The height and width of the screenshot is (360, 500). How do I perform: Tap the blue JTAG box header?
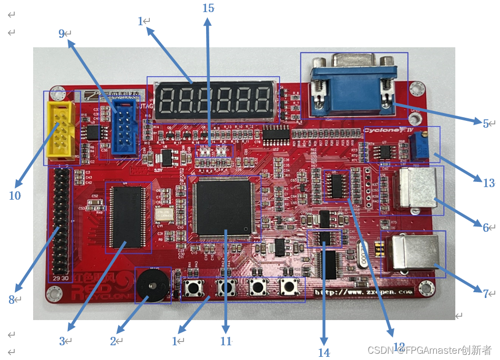click(123, 129)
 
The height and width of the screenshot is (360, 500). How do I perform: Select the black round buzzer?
click(152, 285)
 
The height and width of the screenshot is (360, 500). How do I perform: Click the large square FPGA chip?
click(223, 207)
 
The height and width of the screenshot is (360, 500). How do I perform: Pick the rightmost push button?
click(287, 287)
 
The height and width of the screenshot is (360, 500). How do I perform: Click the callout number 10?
click(15, 196)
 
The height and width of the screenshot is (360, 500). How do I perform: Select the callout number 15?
click(208, 8)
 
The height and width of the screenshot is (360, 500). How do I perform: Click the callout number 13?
click(488, 183)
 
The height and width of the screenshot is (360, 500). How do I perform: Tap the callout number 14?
click(324, 353)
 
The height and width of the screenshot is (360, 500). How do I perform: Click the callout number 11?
click(226, 341)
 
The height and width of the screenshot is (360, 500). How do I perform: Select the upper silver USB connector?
click(417, 189)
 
